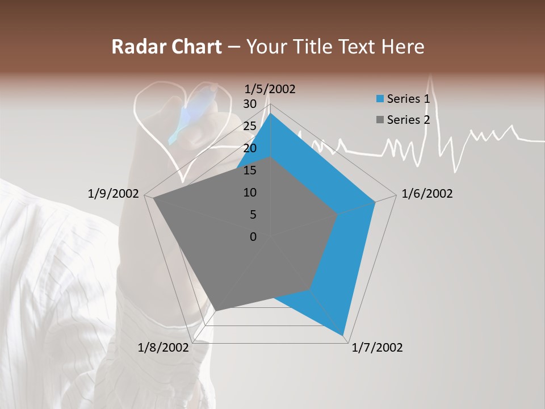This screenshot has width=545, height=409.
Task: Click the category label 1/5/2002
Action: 270,89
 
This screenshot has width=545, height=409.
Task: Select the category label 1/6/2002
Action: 427,194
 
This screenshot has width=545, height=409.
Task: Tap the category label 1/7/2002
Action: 377,348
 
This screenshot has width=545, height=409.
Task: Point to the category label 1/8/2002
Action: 163,348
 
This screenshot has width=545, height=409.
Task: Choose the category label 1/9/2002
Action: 114,194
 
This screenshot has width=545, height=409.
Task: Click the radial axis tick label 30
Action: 250,104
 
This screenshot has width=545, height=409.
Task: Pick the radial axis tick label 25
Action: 250,126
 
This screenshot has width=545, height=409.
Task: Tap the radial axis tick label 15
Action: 250,170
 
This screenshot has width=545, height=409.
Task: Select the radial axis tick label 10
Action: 250,193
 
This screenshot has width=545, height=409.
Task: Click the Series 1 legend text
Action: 408,99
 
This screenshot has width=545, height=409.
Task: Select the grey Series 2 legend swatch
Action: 380,120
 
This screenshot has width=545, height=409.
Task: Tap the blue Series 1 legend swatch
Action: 380,99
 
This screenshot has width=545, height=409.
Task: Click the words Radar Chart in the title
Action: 166,47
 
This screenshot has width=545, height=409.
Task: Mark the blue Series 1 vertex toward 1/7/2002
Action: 343,335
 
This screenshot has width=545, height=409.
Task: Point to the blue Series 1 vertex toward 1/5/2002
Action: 270,114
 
